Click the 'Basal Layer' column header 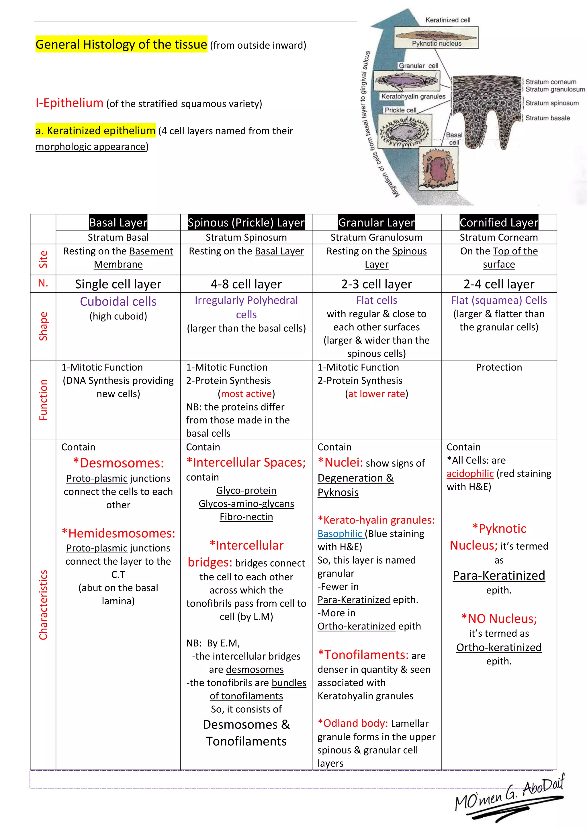click(x=118, y=222)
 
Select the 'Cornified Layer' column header click(x=499, y=222)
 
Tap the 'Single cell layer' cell click(x=118, y=284)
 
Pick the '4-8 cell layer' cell click(x=246, y=284)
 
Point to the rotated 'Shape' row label click(x=43, y=326)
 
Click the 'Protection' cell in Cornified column click(x=499, y=367)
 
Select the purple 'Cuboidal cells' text click(x=118, y=301)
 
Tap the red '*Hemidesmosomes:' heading click(x=118, y=533)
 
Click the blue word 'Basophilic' click(x=340, y=534)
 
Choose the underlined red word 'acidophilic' click(x=470, y=473)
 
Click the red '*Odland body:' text click(x=353, y=723)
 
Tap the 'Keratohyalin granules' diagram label click(x=413, y=96)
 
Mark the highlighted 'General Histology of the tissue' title click(x=122, y=44)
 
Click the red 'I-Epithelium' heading click(x=69, y=103)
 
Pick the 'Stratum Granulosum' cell click(x=376, y=237)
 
